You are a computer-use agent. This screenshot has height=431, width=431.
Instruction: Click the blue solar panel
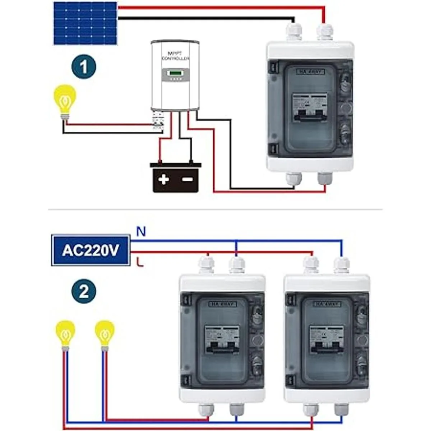(x=85, y=23)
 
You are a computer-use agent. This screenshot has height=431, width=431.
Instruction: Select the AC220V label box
(x=91, y=250)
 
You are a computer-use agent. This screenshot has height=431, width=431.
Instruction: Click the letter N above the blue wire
(x=141, y=232)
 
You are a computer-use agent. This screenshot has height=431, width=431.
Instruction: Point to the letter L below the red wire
(x=140, y=263)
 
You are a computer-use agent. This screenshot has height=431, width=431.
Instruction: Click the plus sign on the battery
(x=164, y=179)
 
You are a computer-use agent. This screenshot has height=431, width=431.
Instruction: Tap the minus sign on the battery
(x=187, y=179)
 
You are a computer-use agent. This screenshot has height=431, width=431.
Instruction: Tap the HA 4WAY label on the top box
(x=311, y=72)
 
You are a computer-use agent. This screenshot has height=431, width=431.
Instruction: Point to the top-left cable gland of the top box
(x=294, y=31)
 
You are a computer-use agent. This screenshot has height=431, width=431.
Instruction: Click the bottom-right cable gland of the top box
(x=325, y=180)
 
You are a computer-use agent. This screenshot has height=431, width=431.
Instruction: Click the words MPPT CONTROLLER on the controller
(x=176, y=56)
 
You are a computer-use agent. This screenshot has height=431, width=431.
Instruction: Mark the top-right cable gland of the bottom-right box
(x=341, y=265)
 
